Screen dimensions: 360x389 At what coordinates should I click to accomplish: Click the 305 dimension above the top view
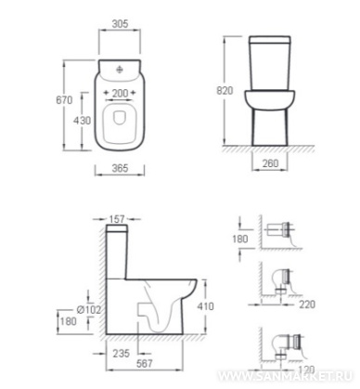click(120, 24)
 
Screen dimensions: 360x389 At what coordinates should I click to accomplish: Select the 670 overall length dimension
click(64, 100)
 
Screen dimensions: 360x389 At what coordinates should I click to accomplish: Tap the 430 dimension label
click(82, 120)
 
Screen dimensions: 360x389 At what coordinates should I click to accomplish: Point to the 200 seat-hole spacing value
click(120, 93)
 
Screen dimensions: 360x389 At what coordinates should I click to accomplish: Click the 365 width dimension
click(120, 168)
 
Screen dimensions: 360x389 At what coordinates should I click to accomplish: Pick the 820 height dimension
click(225, 90)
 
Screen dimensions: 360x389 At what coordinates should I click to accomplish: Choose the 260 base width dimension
click(270, 163)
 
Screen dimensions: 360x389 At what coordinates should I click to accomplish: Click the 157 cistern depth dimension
click(117, 219)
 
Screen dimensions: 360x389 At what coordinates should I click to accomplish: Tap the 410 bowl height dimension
click(205, 306)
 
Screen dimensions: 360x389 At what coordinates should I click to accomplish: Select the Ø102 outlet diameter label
click(89, 309)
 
